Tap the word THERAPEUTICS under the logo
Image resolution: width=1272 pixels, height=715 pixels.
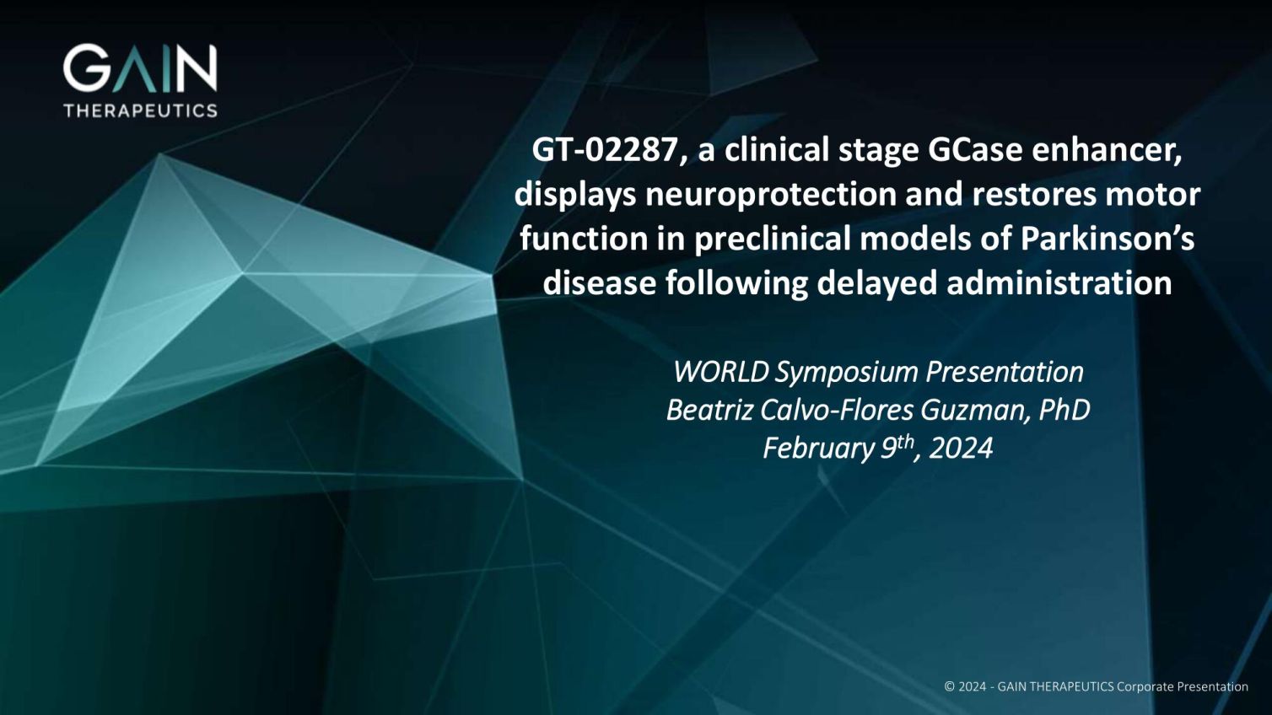tap(140, 110)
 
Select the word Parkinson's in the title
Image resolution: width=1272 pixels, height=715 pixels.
tap(1108, 239)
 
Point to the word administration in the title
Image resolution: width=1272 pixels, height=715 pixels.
tap(1059, 282)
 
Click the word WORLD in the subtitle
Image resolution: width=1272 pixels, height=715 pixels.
tap(720, 372)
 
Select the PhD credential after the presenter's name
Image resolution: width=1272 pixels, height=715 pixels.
tap(1064, 410)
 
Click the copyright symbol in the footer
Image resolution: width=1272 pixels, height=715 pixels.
tap(950, 686)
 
